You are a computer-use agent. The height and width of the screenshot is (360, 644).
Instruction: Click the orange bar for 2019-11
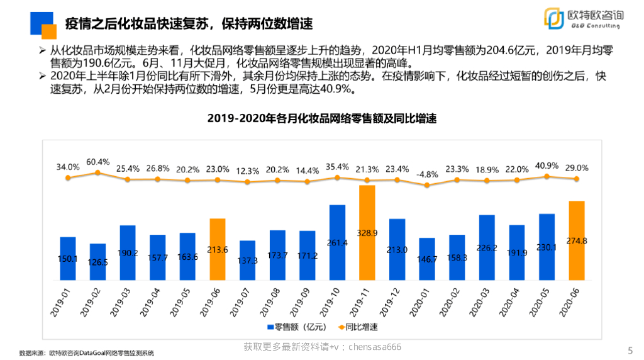pos(367,233)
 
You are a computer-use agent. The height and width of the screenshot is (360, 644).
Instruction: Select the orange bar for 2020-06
pos(576,240)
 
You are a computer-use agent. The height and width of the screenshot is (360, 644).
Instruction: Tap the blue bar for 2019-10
pos(337,242)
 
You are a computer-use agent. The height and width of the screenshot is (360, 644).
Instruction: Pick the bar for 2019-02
pos(98,261)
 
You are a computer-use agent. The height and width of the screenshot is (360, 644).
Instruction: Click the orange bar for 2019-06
pos(217,249)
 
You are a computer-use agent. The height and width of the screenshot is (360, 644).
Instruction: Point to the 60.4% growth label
pos(98,162)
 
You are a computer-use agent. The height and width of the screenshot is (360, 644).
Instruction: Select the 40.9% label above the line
pos(546,166)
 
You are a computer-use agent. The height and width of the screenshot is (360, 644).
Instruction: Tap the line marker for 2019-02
pos(97,172)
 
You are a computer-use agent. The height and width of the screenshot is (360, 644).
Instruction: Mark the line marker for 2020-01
pos(427,185)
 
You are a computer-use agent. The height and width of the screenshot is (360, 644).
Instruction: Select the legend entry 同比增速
pos(360,327)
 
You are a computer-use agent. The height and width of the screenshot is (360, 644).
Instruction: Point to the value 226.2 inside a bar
pos(487,247)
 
